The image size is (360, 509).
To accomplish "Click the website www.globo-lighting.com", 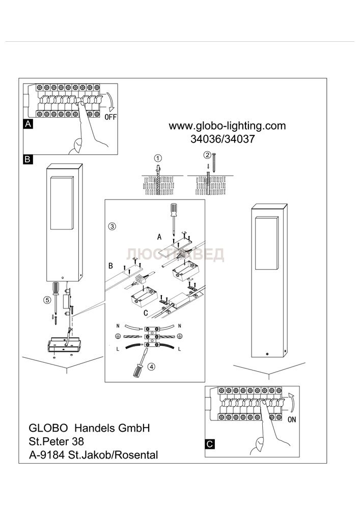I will coord(227,126).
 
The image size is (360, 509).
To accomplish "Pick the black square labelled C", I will coord(210,444).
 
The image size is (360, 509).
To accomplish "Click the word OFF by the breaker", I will coord(111,117).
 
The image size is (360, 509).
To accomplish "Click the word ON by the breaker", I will coord(292,420).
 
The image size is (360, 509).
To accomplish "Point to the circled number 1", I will coord(158,157).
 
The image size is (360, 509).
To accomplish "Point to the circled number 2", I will coord(207,155).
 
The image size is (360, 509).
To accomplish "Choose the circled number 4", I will coord(151,366).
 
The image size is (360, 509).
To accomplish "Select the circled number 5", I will coord(47,300).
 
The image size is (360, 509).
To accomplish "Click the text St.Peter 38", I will coord(57,441).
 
